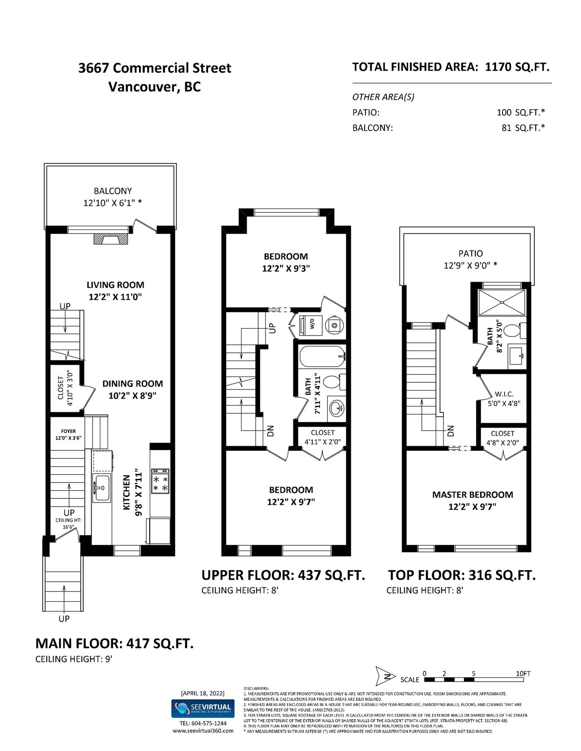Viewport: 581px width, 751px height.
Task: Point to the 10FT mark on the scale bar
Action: click(523, 673)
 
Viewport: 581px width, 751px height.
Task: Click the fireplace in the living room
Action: click(111, 239)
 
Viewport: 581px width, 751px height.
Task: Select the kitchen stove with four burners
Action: click(160, 481)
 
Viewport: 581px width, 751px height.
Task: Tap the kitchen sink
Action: click(101, 488)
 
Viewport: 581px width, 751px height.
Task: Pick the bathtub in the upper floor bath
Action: click(323, 357)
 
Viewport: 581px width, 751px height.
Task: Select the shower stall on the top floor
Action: click(502, 302)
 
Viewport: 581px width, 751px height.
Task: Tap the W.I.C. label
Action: click(504, 394)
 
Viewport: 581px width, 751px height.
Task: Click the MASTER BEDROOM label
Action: click(473, 495)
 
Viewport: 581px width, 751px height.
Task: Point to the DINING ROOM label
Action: click(133, 384)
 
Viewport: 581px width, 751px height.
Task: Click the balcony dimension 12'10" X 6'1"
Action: click(113, 203)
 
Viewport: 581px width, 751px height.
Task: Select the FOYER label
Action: click(68, 431)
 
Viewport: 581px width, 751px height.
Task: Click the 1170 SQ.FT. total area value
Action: click(517, 67)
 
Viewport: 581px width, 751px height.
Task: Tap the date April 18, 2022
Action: click(202, 693)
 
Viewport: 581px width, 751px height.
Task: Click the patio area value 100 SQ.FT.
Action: click(521, 112)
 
